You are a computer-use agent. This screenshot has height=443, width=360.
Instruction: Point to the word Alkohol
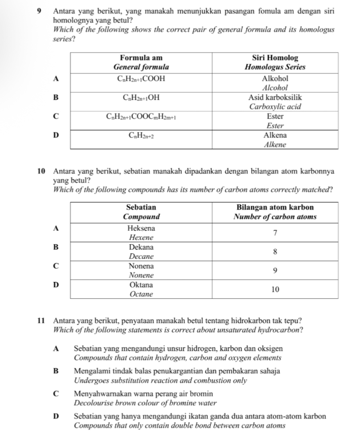(x=275, y=78)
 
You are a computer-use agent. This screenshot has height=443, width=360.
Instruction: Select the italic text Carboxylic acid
(x=275, y=107)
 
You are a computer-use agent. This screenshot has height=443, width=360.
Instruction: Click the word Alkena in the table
(x=275, y=135)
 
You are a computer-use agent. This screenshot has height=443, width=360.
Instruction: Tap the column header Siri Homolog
(x=275, y=58)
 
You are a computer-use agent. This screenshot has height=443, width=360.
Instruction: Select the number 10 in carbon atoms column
(x=275, y=289)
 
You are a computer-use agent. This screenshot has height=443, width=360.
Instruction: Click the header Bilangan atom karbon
(x=275, y=207)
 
